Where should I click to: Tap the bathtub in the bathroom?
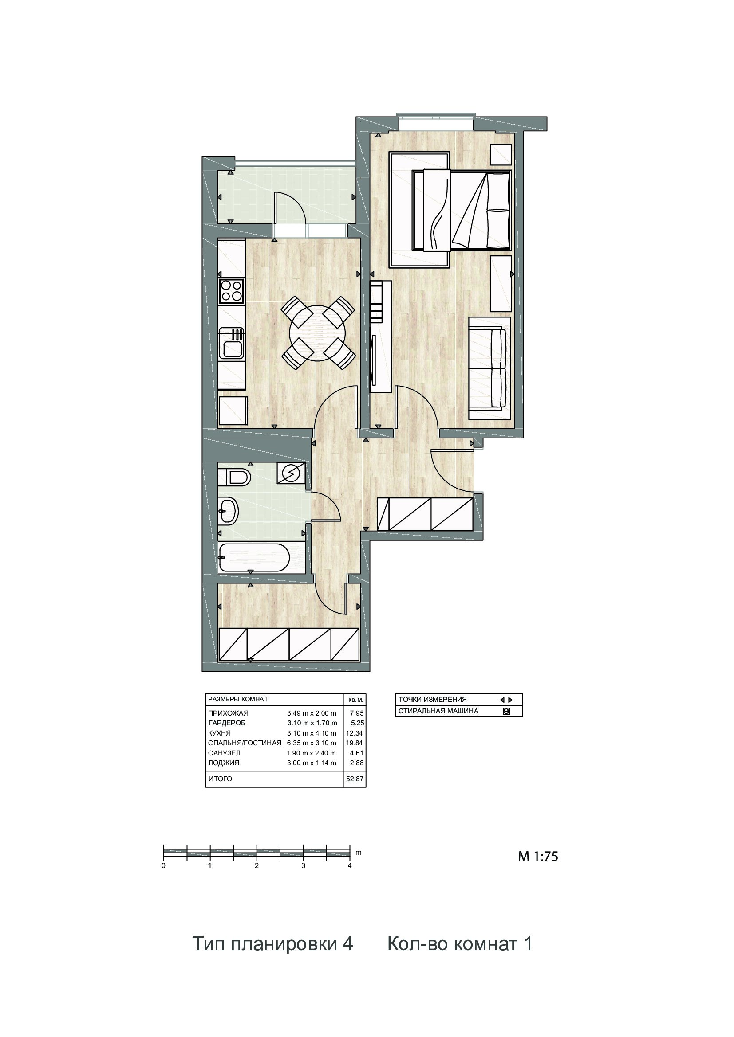click(253, 557)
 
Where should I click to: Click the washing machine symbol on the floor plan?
click(290, 473)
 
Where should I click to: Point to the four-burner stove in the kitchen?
click(231, 290)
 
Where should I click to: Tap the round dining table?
click(317, 333)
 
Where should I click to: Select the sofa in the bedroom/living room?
click(490, 368)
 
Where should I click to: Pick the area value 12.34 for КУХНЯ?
click(354, 733)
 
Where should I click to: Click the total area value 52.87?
click(354, 779)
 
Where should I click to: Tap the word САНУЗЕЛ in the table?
click(224, 753)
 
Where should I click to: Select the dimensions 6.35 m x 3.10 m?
click(312, 743)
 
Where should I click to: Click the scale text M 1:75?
click(538, 857)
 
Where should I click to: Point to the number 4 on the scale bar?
click(350, 866)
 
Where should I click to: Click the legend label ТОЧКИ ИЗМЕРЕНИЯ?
click(433, 700)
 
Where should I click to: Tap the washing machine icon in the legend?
click(507, 711)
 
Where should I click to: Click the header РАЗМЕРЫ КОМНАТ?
click(238, 699)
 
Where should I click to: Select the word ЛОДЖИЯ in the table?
click(224, 763)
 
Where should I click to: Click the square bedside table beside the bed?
click(501, 154)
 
